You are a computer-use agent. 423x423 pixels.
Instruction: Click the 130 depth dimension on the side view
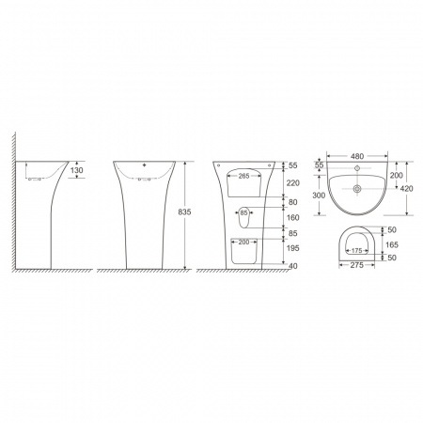pos(77,170)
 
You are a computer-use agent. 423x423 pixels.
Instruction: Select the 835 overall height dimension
pos(184,212)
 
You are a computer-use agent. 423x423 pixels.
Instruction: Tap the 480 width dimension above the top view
pos(357,156)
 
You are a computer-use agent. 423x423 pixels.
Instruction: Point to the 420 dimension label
pos(407,189)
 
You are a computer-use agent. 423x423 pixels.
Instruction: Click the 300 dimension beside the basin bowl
pos(319,196)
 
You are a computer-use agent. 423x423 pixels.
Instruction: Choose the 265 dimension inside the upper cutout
pos(243,176)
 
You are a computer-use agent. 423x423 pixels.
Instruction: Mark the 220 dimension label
pos(293,183)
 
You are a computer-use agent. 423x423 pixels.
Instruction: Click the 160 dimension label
pos(293,217)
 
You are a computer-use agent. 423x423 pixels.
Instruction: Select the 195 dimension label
pos(293,248)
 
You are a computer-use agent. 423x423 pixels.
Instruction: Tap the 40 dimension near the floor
pos(293,266)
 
